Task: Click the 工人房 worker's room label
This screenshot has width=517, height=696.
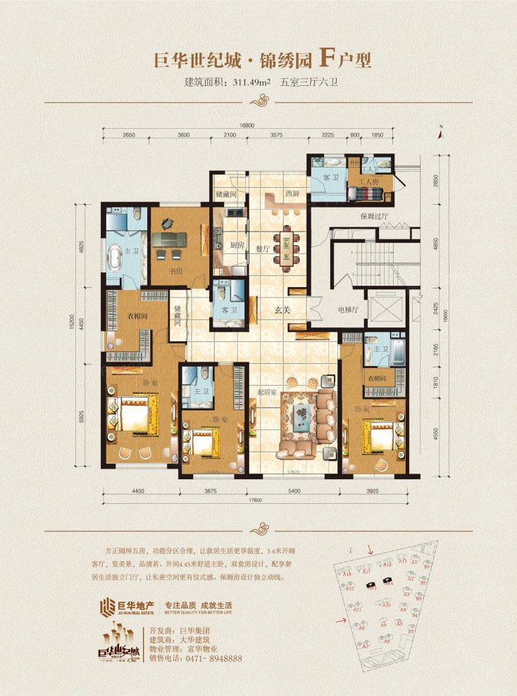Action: [370, 182]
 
